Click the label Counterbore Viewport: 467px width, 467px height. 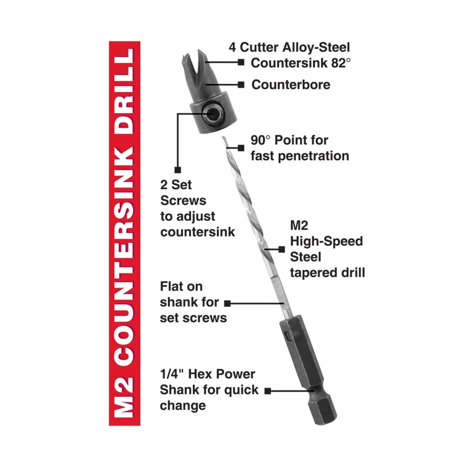(291, 85)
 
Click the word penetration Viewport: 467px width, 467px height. (318, 156)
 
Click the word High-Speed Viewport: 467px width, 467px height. (326, 241)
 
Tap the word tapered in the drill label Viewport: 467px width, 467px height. (312, 271)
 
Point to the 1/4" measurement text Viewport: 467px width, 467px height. (173, 374)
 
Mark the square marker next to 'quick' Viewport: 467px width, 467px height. (269, 390)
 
